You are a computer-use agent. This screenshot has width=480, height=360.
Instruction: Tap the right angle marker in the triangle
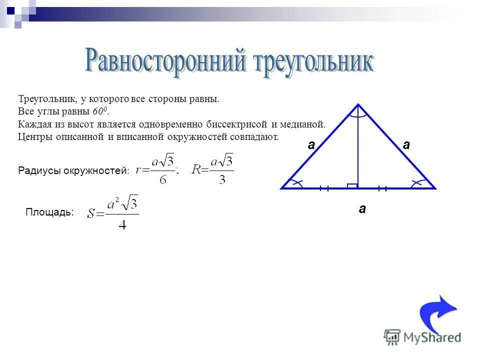click(352, 185)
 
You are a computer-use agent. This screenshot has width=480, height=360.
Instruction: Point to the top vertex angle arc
click(358, 114)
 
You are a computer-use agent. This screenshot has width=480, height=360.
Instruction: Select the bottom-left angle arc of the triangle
click(296, 183)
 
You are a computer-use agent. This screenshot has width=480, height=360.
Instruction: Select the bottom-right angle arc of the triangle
click(420, 183)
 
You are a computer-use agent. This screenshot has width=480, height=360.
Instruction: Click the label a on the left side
click(311, 145)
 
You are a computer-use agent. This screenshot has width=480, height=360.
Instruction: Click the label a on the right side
click(406, 145)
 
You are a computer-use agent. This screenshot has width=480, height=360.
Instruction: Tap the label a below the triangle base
click(362, 209)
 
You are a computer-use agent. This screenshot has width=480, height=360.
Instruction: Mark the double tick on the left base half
click(324, 188)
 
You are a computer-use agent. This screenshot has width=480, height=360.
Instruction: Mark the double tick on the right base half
click(383, 188)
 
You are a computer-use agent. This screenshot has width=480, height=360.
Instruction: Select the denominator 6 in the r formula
click(163, 179)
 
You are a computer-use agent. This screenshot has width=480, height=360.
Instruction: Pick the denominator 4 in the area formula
click(122, 224)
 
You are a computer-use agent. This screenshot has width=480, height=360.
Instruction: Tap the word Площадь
click(49, 212)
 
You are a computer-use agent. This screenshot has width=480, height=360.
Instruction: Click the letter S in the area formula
click(91, 213)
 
